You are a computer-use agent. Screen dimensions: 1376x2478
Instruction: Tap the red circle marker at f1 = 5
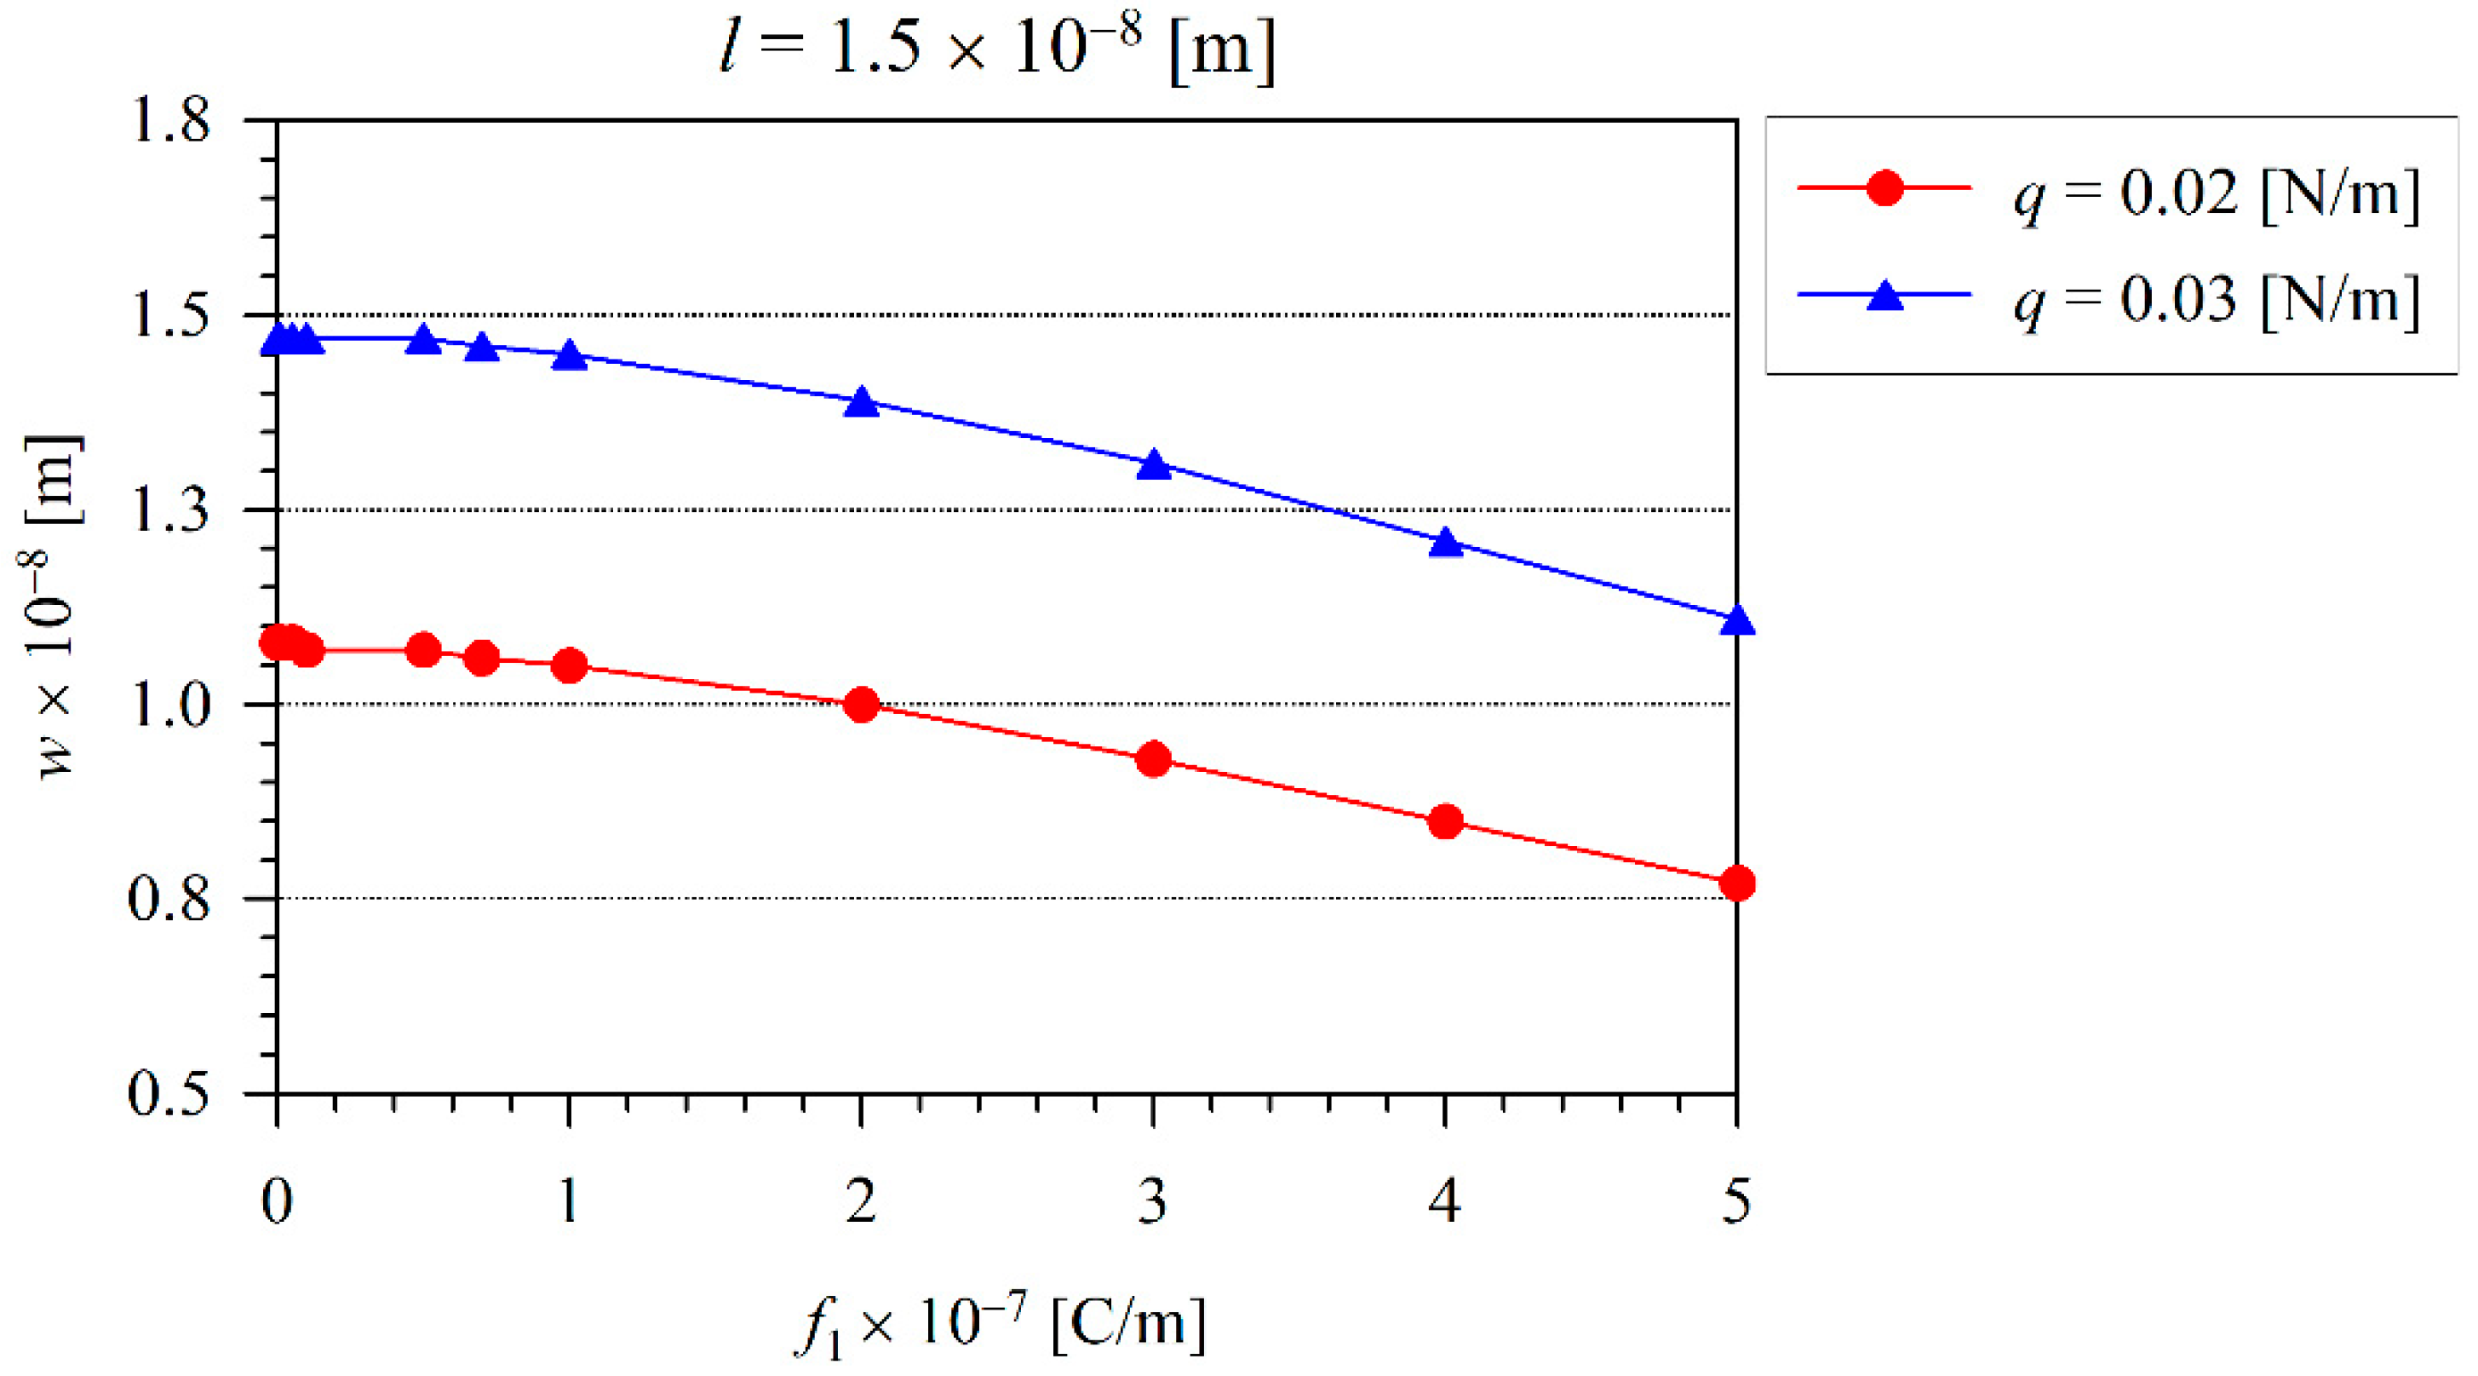click(x=1736, y=883)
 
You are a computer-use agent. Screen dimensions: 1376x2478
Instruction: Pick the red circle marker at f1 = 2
click(x=861, y=705)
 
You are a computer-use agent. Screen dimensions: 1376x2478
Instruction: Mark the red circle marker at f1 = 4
click(x=1445, y=820)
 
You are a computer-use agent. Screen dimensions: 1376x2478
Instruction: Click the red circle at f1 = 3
click(x=1153, y=759)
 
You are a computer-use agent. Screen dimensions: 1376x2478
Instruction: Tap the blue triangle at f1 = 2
click(x=861, y=402)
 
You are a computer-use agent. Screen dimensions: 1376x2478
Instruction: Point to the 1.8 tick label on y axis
click(x=169, y=122)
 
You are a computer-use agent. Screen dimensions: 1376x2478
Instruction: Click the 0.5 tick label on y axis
click(x=169, y=1094)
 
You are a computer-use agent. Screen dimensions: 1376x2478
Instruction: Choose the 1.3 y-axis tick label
click(x=169, y=511)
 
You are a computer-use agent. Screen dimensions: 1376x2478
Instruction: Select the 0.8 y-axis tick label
click(x=169, y=900)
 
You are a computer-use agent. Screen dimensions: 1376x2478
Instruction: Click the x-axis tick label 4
click(x=1445, y=1200)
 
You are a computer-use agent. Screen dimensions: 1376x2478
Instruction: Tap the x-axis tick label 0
click(x=277, y=1200)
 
